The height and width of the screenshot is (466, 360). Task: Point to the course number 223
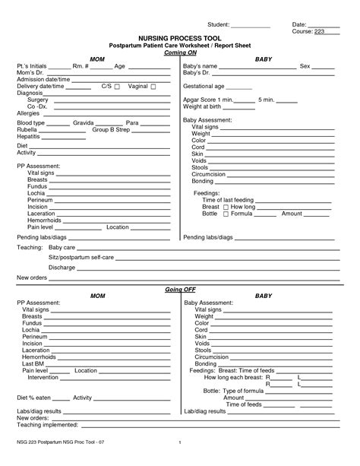point(318,31)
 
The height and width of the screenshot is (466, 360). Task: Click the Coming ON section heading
point(179,51)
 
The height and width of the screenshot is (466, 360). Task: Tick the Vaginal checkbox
point(154,87)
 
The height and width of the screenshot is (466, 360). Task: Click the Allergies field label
point(30,113)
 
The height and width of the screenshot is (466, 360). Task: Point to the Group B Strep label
point(112,129)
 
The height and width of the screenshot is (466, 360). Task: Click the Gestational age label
point(207,87)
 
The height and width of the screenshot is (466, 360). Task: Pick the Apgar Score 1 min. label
point(209,100)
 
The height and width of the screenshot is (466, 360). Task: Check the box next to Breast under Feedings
point(226,207)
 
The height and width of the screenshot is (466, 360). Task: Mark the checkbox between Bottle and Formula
point(226,214)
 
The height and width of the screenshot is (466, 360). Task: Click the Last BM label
point(33,364)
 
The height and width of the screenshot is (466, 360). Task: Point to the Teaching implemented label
point(49,425)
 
